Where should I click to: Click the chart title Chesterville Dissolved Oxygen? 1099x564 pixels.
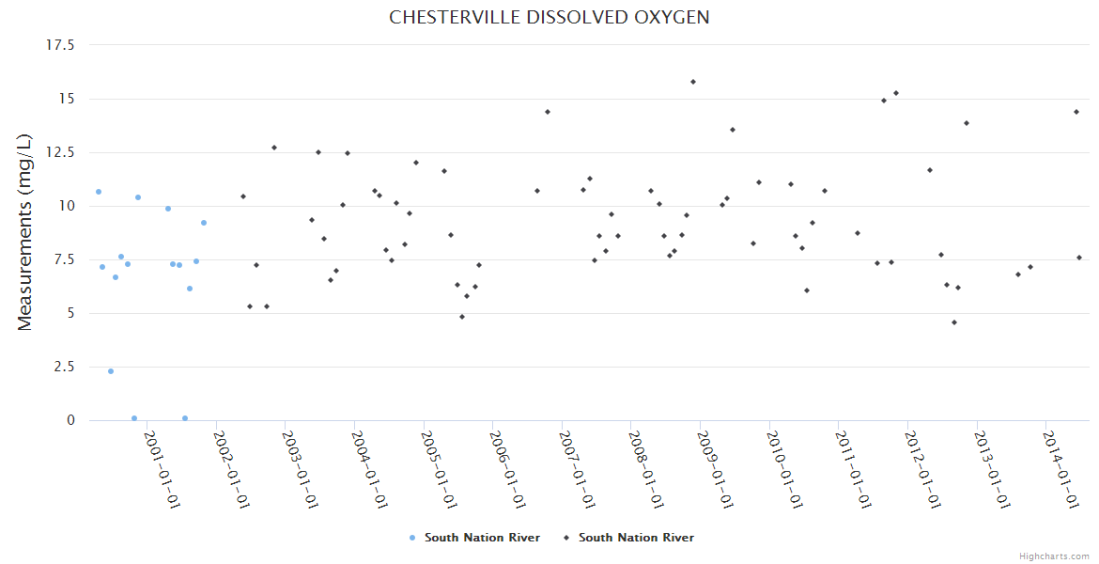[x=549, y=18]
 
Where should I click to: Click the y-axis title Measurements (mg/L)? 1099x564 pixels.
[x=25, y=232]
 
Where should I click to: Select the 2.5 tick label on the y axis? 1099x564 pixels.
[x=64, y=367]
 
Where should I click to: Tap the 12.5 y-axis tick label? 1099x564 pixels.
[x=60, y=152]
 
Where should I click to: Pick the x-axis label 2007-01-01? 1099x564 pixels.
[x=576, y=469]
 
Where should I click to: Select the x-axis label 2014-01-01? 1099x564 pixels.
[x=1060, y=469]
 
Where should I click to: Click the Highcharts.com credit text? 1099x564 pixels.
[x=1054, y=556]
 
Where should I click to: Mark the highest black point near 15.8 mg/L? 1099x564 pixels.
[x=693, y=82]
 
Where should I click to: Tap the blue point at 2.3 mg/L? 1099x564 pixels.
[x=111, y=371]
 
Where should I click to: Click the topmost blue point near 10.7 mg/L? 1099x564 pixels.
[x=99, y=192]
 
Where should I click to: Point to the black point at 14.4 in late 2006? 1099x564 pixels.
[x=548, y=112]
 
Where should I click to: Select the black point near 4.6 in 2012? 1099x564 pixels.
[x=954, y=322]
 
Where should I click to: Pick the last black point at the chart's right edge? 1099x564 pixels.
[x=1079, y=258]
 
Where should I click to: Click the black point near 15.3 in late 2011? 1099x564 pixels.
[x=896, y=93]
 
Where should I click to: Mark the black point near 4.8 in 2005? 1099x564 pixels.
[x=462, y=317]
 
